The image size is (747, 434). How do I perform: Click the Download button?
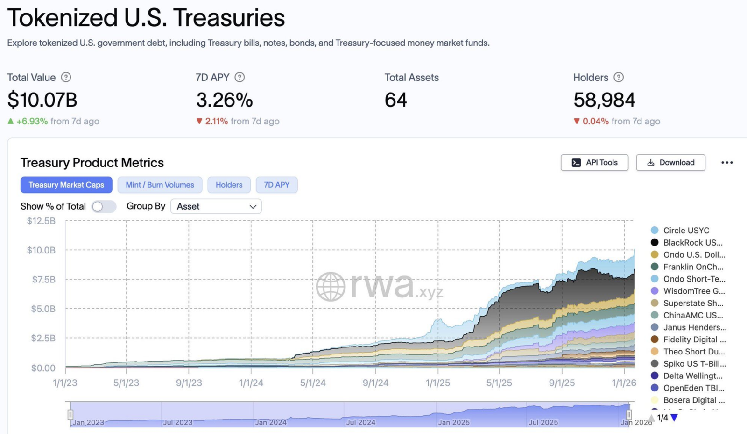pyautogui.click(x=670, y=162)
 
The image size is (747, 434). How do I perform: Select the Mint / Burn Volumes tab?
pyautogui.click(x=160, y=185)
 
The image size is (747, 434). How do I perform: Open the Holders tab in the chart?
pyautogui.click(x=229, y=185)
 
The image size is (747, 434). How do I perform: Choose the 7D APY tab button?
pyautogui.click(x=276, y=185)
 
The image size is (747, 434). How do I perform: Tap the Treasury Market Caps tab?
pyautogui.click(x=66, y=185)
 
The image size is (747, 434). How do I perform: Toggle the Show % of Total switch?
pyautogui.click(x=104, y=206)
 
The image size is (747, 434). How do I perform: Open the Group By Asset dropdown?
pyautogui.click(x=216, y=206)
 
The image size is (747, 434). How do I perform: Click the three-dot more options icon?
pyautogui.click(x=727, y=162)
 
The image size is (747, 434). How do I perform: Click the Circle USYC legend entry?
pyautogui.click(x=686, y=230)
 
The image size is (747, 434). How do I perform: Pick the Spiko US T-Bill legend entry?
pyautogui.click(x=694, y=363)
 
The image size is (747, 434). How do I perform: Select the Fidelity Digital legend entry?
pyautogui.click(x=694, y=339)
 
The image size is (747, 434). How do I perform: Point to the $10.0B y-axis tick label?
pyautogui.click(x=41, y=250)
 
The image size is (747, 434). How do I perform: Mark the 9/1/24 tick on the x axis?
pyautogui.click(x=375, y=383)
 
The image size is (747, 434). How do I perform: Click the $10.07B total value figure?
pyautogui.click(x=42, y=100)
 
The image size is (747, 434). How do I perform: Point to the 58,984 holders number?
pyautogui.click(x=604, y=100)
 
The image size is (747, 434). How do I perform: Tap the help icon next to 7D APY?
pyautogui.click(x=240, y=77)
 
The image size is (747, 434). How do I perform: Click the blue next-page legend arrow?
pyautogui.click(x=674, y=418)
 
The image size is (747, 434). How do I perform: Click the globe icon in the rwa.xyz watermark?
pyautogui.click(x=331, y=287)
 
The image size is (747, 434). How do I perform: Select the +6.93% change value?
pyautogui.click(x=32, y=121)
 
